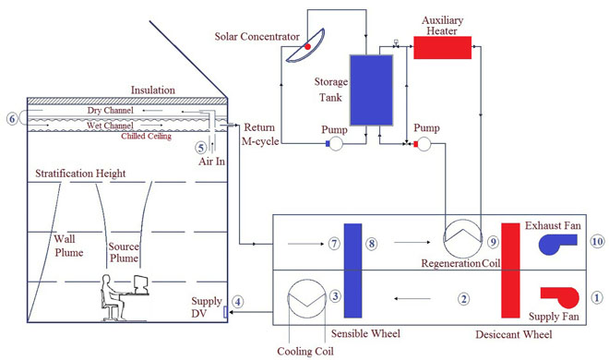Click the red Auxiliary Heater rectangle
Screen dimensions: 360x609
tap(442, 47)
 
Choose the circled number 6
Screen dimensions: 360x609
tap(11, 117)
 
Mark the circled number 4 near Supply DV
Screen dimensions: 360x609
tap(238, 301)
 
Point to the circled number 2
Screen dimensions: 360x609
tap(464, 298)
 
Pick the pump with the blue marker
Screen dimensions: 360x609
tap(336, 144)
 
